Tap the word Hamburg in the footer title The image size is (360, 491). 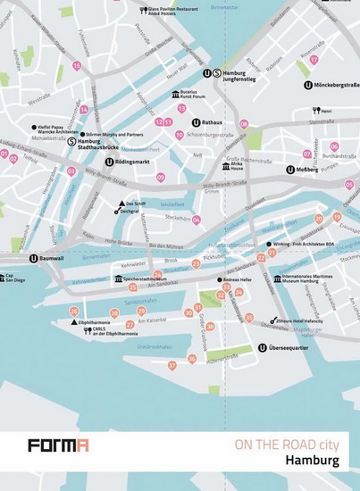[x=312, y=461]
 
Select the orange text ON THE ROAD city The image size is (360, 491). [x=287, y=444]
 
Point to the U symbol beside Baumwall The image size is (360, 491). [x=34, y=259]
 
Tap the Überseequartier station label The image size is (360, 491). [x=296, y=347]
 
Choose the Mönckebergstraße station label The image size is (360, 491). [x=336, y=86]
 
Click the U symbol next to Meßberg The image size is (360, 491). [x=290, y=170]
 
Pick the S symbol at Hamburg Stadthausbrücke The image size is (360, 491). [x=71, y=140]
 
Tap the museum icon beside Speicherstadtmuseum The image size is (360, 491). [x=118, y=279]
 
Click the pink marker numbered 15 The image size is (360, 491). [x=77, y=66]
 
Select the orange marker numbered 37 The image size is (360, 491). [x=172, y=365]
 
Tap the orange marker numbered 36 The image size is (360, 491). [x=191, y=359]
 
